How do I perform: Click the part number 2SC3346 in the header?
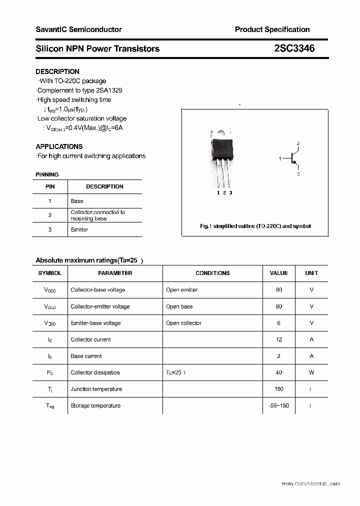(294, 48)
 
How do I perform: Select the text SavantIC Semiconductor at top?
(78, 29)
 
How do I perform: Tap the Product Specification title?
(272, 29)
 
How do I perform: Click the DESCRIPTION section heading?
(57, 71)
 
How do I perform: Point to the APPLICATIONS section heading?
(59, 146)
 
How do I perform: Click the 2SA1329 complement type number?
(109, 90)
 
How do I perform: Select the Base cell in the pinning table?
(77, 201)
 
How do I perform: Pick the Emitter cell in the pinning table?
(79, 229)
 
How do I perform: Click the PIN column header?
(50, 186)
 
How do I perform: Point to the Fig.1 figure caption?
(255, 226)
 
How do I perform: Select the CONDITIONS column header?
(212, 273)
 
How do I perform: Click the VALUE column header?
(278, 273)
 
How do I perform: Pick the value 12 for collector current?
(278, 339)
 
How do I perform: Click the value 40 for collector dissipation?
(278, 372)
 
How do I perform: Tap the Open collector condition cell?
(183, 323)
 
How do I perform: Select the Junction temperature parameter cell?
(96, 389)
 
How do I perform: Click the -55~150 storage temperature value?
(278, 405)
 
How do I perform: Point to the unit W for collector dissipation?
(311, 372)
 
